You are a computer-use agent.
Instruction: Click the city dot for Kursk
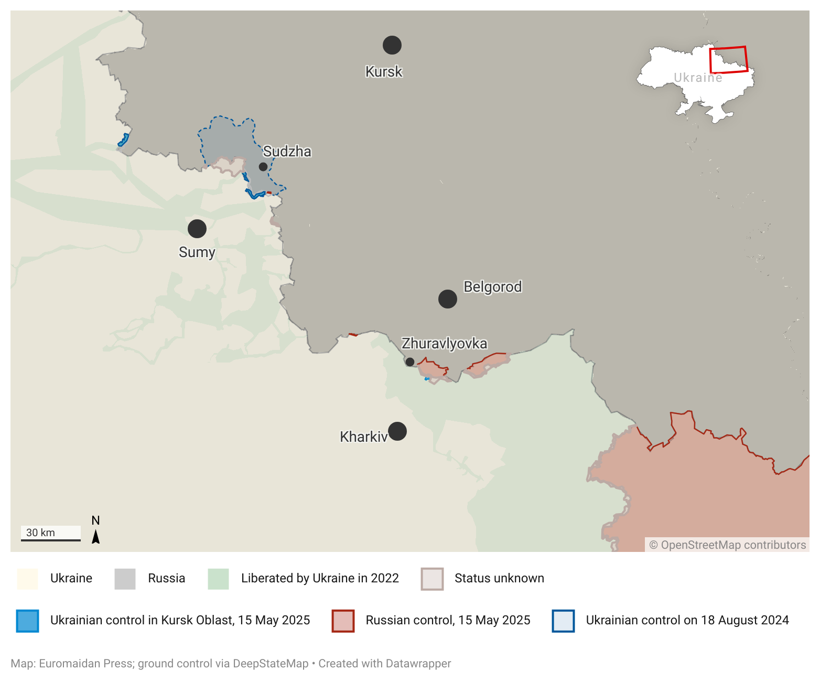pyautogui.click(x=392, y=45)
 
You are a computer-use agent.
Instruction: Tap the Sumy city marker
pyautogui.click(x=197, y=229)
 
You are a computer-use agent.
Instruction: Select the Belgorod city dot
pyautogui.click(x=448, y=299)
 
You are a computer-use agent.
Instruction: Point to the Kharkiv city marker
pyautogui.click(x=397, y=431)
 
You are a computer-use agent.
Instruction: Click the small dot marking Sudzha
pyautogui.click(x=263, y=167)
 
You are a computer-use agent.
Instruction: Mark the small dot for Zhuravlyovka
pyautogui.click(x=410, y=362)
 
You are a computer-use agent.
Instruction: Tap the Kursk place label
pyautogui.click(x=384, y=71)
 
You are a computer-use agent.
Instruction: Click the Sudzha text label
pyautogui.click(x=287, y=152)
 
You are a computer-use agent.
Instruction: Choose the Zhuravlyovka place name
pyautogui.click(x=444, y=344)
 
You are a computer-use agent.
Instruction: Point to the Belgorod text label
pyautogui.click(x=492, y=287)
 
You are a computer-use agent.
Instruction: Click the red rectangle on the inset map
pyautogui.click(x=728, y=60)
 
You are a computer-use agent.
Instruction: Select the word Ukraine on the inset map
pyautogui.click(x=698, y=78)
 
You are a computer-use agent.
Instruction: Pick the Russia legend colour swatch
pyautogui.click(x=125, y=579)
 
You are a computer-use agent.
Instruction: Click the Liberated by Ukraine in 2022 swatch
pyautogui.click(x=218, y=579)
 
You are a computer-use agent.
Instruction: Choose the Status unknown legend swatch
pyautogui.click(x=432, y=579)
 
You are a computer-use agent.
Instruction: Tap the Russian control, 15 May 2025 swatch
pyautogui.click(x=343, y=621)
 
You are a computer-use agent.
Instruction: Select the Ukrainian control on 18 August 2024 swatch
pyautogui.click(x=563, y=621)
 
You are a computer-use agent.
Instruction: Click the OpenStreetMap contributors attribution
pyautogui.click(x=728, y=545)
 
